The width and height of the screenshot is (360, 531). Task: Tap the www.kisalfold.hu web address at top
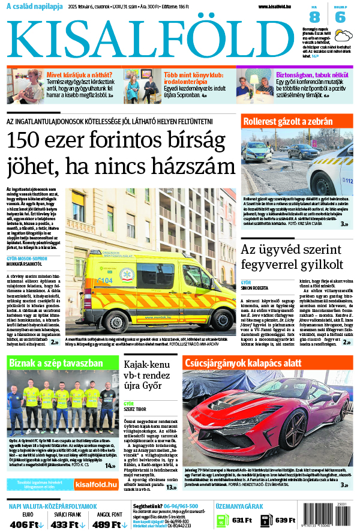(278, 7)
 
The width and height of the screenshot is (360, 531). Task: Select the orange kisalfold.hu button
(96, 484)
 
